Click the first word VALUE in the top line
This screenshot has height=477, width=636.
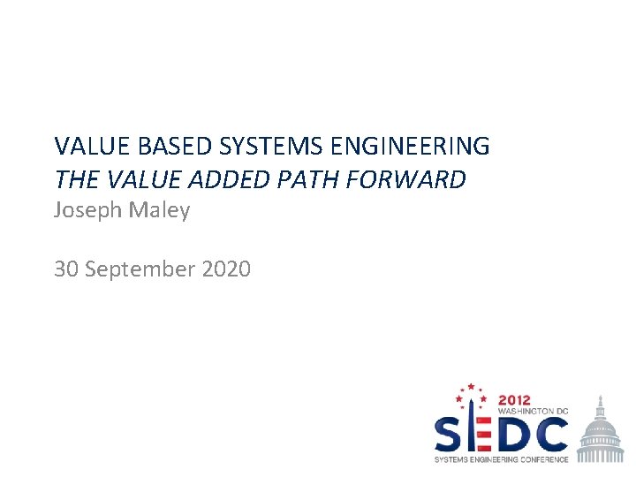pyautogui.click(x=89, y=145)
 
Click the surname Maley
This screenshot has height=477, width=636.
pyautogui.click(x=161, y=211)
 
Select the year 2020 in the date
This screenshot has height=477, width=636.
pyautogui.click(x=226, y=268)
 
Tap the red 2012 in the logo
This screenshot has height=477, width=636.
pyautogui.click(x=516, y=399)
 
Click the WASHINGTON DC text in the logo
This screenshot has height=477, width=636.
pyautogui.click(x=534, y=412)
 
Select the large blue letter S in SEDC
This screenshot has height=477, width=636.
pyautogui.click(x=450, y=435)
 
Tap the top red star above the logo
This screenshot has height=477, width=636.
pyautogui.click(x=471, y=386)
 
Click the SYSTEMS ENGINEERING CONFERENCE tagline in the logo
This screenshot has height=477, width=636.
pyautogui.click(x=501, y=459)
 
